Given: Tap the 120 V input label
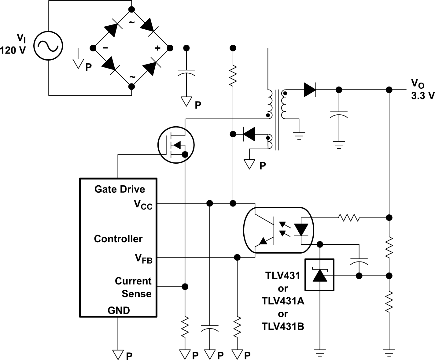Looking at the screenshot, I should [x=13, y=50].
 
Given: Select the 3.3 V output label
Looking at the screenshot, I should [x=422, y=96].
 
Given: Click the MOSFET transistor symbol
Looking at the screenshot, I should [x=176, y=144].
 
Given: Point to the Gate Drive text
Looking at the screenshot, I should [x=120, y=189].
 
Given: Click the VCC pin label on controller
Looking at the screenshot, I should [x=143, y=204].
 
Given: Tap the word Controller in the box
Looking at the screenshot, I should [x=118, y=239].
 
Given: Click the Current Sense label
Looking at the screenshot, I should [x=133, y=287].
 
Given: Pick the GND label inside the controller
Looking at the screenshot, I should [x=119, y=310].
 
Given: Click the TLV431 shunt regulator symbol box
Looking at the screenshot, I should [x=319, y=275].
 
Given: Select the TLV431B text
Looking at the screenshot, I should [x=283, y=327].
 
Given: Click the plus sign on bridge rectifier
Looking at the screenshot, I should [x=157, y=48].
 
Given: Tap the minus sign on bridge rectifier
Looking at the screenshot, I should [x=105, y=48].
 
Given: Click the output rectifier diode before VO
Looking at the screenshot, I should [x=310, y=90].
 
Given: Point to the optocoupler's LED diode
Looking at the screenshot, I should [x=301, y=230].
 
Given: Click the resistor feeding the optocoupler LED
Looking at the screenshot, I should [x=348, y=218].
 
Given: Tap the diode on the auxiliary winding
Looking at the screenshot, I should [x=249, y=134].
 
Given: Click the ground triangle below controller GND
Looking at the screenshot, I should [x=118, y=354].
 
